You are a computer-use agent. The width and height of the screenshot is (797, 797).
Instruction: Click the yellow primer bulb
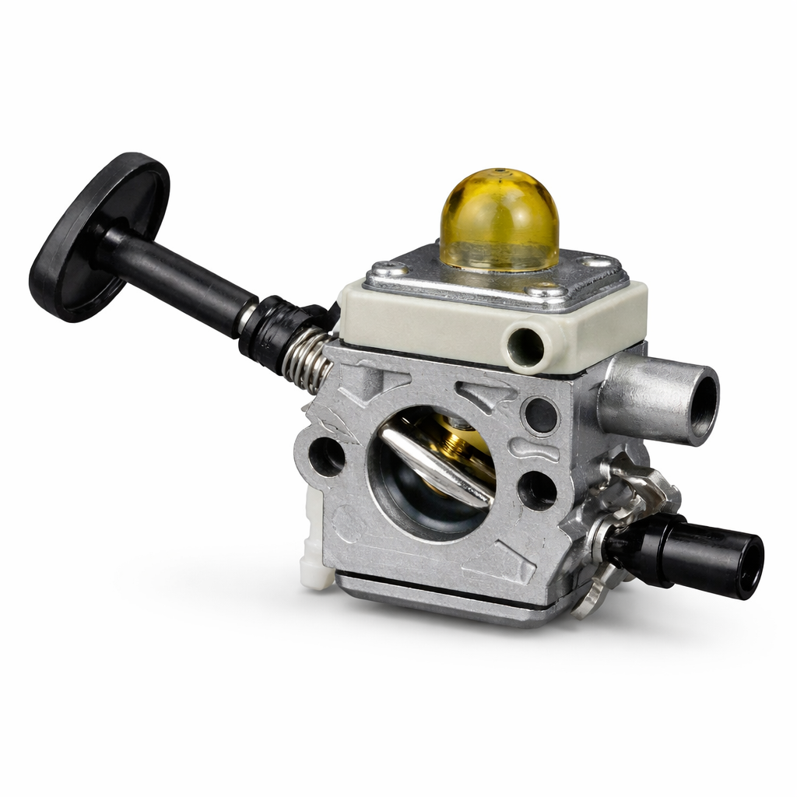[x=499, y=221]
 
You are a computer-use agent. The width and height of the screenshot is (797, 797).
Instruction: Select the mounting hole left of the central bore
[x=326, y=456]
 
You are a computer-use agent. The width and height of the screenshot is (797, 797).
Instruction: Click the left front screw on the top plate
[x=388, y=270]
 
